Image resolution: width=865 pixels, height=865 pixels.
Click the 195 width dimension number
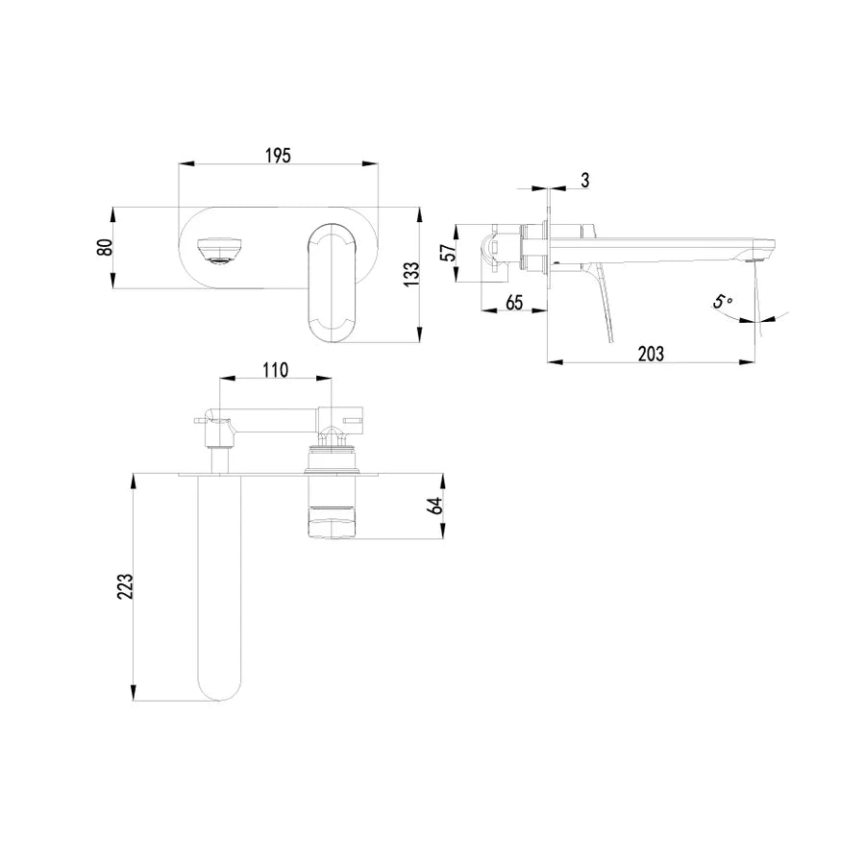pyautogui.click(x=278, y=156)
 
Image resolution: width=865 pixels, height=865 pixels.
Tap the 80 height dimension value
pyautogui.click(x=105, y=247)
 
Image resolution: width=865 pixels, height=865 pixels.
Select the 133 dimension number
pyautogui.click(x=411, y=274)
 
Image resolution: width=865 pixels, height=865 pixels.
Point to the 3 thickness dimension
pyautogui.click(x=584, y=180)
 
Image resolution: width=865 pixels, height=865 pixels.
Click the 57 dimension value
pyautogui.click(x=451, y=252)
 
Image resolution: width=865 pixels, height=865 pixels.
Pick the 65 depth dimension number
pyautogui.click(x=513, y=303)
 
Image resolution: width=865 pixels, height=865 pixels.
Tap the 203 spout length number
pyautogui.click(x=651, y=354)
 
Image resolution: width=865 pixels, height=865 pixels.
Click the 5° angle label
pyautogui.click(x=722, y=301)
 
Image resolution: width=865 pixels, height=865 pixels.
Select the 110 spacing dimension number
pyautogui.click(x=275, y=370)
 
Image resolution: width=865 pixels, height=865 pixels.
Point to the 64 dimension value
pyautogui.click(x=435, y=506)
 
